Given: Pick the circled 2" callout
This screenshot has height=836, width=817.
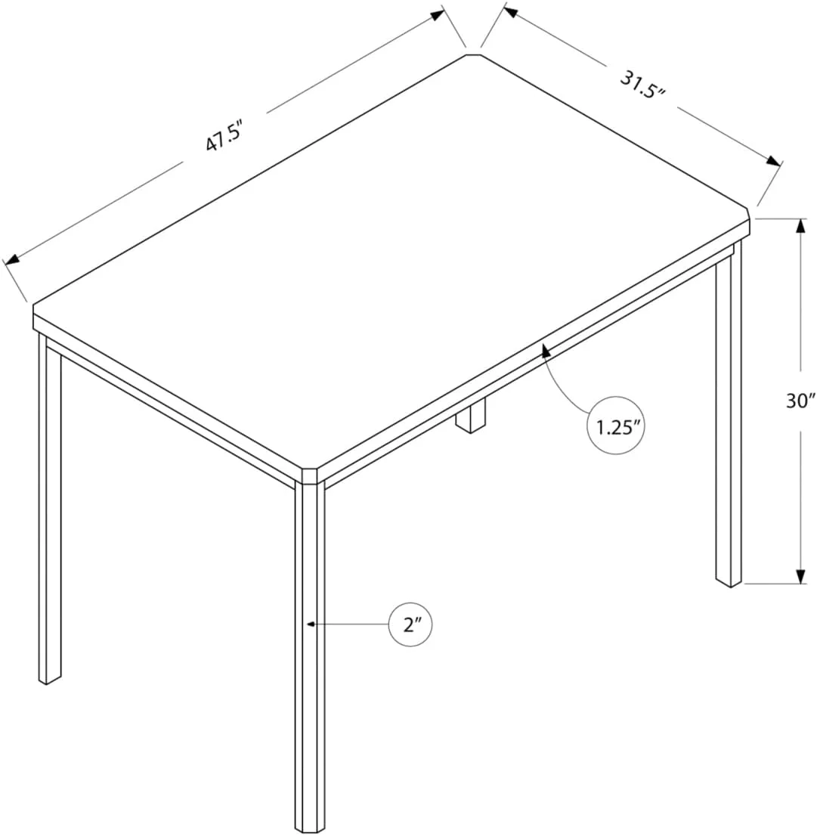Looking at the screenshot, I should coord(411,625).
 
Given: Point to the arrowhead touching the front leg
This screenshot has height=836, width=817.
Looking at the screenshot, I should coord(311,624).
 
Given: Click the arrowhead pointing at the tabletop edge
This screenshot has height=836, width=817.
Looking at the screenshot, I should coord(543,349).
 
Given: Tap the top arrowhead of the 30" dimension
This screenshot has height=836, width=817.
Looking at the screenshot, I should coord(800,225).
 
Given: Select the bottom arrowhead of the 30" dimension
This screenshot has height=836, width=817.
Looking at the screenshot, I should coord(800,577).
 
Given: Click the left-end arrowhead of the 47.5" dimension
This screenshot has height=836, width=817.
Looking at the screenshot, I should coord(11,260).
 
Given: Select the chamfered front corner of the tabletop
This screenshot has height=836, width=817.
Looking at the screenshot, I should coord(309,475).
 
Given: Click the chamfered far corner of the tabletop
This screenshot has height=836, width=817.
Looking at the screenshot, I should coord(473,54).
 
